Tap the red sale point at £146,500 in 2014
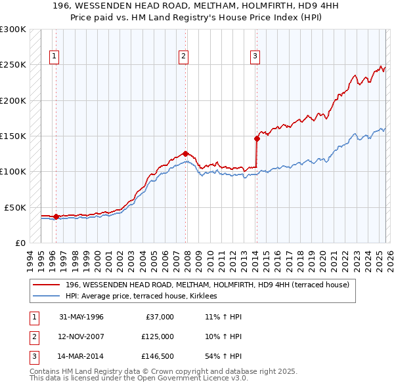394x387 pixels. coord(257,138)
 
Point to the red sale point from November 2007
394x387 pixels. coord(186,153)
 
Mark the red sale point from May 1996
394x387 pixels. coord(56,216)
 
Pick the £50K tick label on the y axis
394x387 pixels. coord(15,207)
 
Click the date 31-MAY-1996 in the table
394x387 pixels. coord(81,317)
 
